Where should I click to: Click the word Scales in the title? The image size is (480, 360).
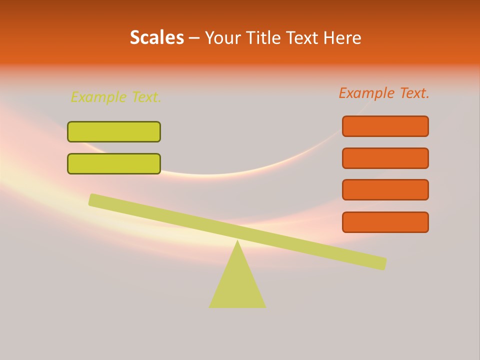click(157, 38)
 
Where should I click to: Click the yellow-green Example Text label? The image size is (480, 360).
click(116, 97)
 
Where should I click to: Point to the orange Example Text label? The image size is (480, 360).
click(384, 93)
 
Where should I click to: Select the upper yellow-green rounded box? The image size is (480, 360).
click(114, 131)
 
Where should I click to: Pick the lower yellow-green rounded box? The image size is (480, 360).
click(114, 163)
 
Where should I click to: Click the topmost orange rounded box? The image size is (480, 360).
click(385, 126)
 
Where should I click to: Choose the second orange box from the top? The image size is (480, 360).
click(385, 158)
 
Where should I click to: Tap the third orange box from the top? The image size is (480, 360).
click(385, 190)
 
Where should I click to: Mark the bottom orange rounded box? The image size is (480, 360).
click(385, 222)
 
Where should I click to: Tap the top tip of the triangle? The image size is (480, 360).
click(237, 241)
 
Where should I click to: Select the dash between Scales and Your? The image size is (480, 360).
click(194, 38)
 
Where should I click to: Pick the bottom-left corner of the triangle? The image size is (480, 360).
click(210, 306)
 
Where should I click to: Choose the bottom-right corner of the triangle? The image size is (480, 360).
click(265, 306)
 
